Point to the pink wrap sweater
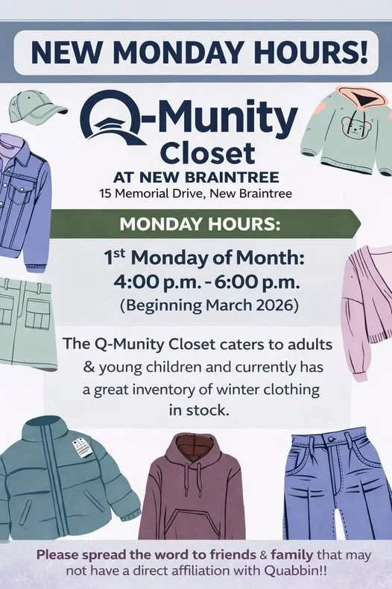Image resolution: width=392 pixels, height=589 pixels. click(368, 306)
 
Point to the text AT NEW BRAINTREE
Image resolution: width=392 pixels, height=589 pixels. click(196, 178)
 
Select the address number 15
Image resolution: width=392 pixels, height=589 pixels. click(106, 194)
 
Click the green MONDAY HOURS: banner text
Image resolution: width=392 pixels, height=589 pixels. click(196, 224)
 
